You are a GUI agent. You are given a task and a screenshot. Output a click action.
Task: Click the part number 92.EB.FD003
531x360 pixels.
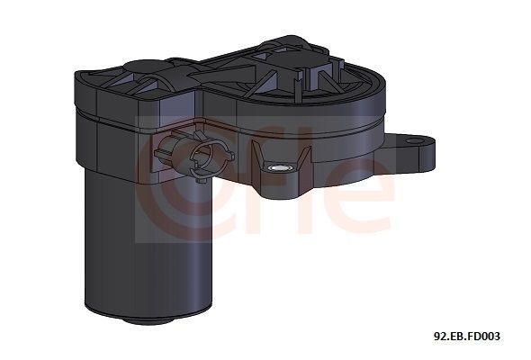(x=467, y=337)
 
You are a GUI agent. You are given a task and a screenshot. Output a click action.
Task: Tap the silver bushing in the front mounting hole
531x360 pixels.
(x=278, y=167)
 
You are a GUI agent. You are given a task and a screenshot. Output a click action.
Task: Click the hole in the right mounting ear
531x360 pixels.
(x=416, y=141)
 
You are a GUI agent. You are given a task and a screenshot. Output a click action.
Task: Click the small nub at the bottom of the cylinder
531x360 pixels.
(x=149, y=320)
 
